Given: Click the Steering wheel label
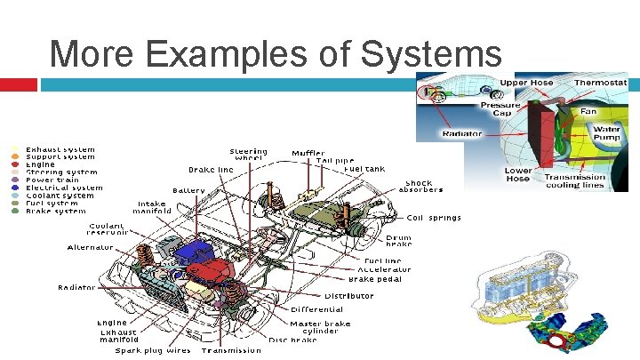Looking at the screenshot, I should pos(248,155).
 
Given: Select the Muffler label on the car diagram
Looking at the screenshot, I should pos(308,153).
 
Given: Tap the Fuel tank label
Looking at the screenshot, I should pos(364,168).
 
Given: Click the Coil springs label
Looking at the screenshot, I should pos(435,217).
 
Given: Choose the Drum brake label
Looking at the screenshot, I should pos(399,241).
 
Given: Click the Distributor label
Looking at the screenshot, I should pos(348,295).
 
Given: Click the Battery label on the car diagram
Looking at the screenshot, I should pos(188,190).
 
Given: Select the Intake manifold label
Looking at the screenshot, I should pos(152,207).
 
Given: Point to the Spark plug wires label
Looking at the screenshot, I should pos(152,350).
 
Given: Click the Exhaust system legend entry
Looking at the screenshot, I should pos(60,149).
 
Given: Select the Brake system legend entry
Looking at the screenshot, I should pos(57,212).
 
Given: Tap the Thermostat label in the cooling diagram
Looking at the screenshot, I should pos(600,83).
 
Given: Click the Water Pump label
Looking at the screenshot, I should pos(607,132).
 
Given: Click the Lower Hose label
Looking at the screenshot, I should pos(517,174).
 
